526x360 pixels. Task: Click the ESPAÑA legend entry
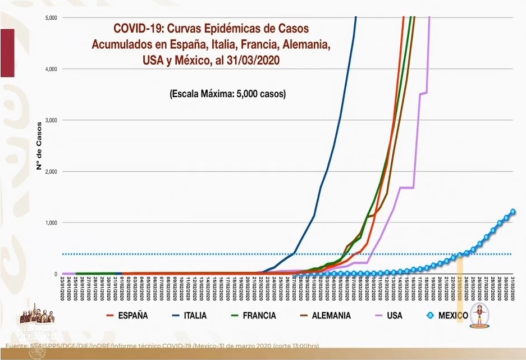(133, 316)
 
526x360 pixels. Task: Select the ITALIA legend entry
(195, 316)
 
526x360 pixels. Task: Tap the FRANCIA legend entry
(259, 316)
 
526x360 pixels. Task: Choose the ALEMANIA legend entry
(326, 316)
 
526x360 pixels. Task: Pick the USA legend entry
(394, 316)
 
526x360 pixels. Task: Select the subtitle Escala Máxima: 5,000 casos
(227, 94)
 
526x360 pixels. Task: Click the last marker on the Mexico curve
(513, 212)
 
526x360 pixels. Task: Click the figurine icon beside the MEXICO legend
(479, 314)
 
